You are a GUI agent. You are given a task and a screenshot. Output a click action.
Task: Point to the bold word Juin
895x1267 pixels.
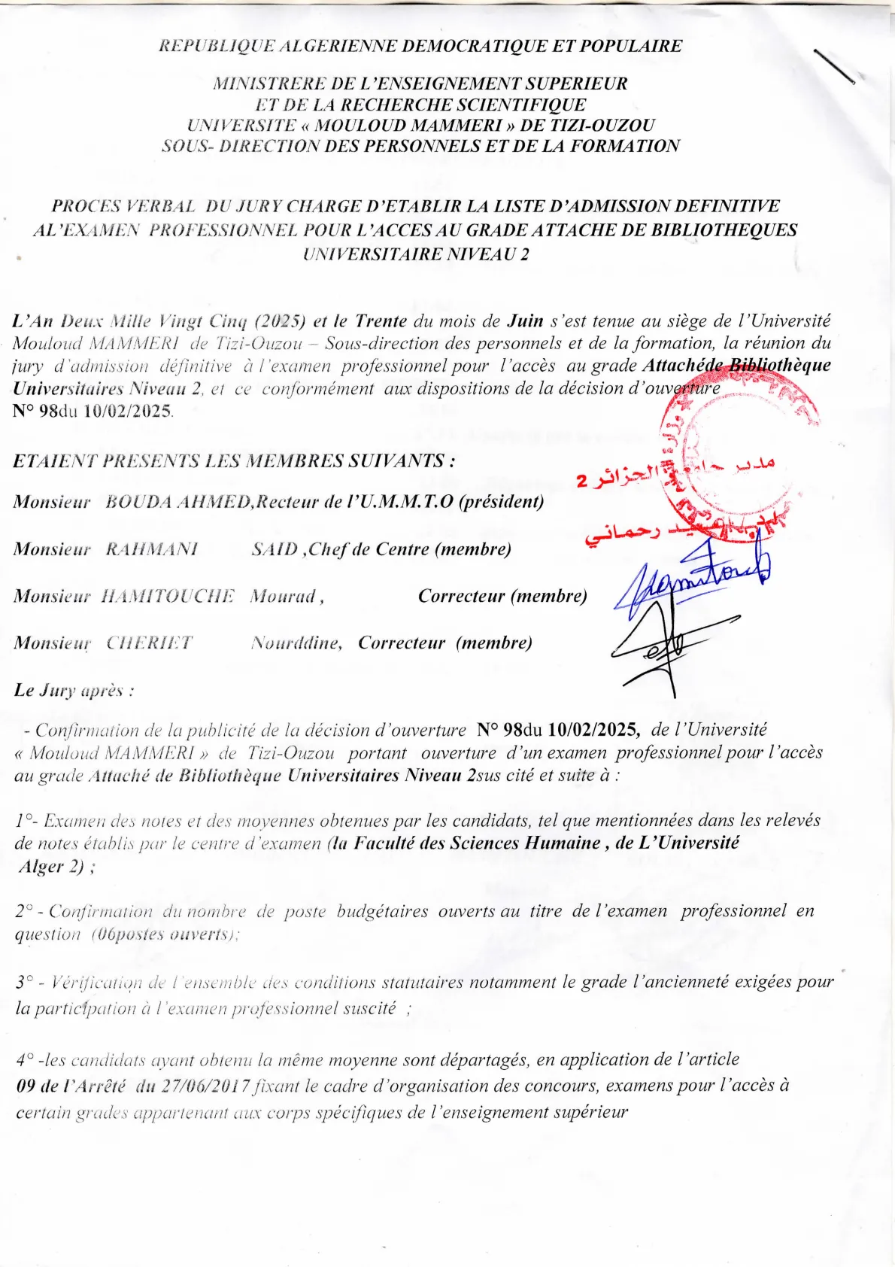click(x=525, y=321)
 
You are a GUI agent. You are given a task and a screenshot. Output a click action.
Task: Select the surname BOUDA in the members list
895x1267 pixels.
click(x=140, y=502)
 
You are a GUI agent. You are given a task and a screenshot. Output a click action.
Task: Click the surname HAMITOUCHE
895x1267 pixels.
click(x=168, y=596)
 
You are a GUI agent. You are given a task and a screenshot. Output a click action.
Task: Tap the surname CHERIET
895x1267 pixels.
click(x=149, y=643)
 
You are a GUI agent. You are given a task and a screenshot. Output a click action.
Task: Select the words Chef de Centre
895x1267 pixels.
click(x=369, y=549)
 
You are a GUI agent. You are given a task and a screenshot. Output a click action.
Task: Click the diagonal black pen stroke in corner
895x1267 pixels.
click(x=835, y=66)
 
